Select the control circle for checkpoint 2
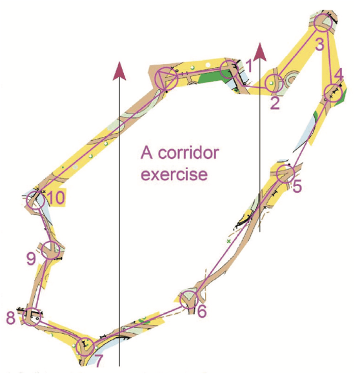pyautogui.click(x=266, y=83)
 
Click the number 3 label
pyautogui.click(x=320, y=45)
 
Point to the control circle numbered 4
pyautogui.click(x=325, y=92)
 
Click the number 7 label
pyautogui.click(x=99, y=361)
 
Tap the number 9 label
pyautogui.click(x=31, y=259)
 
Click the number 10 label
pyautogui.click(x=55, y=198)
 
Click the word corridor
pyautogui.click(x=188, y=152)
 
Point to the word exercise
pyautogui.click(x=174, y=174)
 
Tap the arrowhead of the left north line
pyautogui.click(x=119, y=70)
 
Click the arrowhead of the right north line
pyautogui.click(x=260, y=52)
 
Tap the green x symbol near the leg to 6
pyautogui.click(x=228, y=241)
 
